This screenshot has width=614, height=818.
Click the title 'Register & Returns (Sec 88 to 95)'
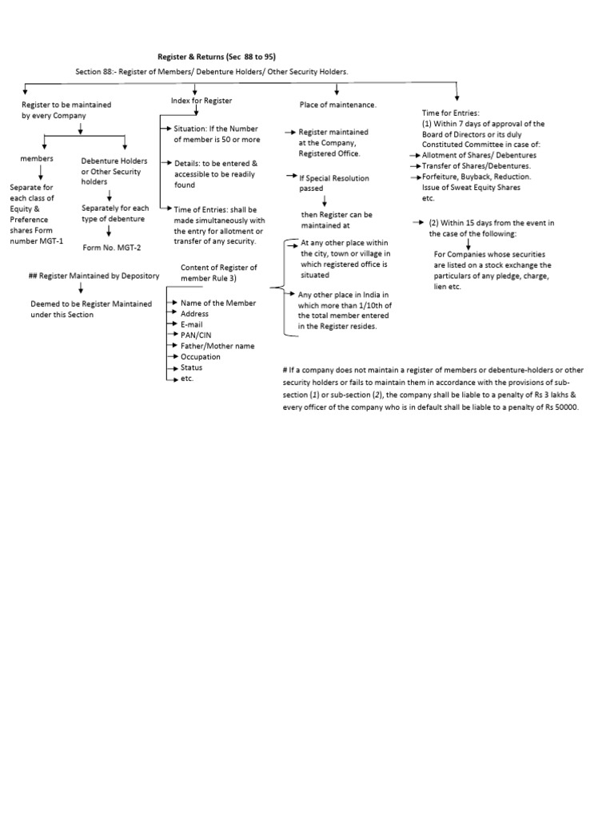pyautogui.click(x=212, y=57)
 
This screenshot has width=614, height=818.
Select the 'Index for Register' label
pyautogui.click(x=201, y=101)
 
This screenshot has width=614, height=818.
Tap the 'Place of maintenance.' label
pyautogui.click(x=337, y=105)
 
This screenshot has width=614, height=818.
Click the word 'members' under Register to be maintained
pyautogui.click(x=37, y=159)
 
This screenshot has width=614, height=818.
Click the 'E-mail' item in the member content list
pyautogui.click(x=193, y=324)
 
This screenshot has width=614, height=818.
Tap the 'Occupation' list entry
pyautogui.click(x=201, y=357)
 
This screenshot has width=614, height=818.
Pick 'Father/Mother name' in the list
pyautogui.click(x=217, y=346)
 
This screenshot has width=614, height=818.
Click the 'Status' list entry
pyautogui.click(x=192, y=367)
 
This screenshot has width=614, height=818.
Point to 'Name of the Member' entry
pyautogui.click(x=218, y=304)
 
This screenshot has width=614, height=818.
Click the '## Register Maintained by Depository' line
pyautogui.click(x=94, y=276)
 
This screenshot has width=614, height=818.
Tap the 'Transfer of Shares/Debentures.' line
pyautogui.click(x=476, y=165)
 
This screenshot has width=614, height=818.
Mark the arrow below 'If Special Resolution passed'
pyautogui.click(x=325, y=201)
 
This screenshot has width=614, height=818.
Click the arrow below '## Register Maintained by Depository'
pyautogui.click(x=81, y=290)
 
